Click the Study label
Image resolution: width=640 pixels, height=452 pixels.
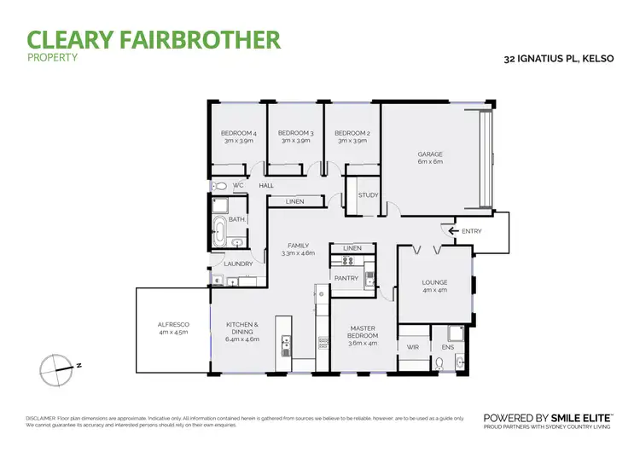click(368, 195)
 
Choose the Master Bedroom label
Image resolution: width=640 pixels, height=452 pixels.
click(363, 333)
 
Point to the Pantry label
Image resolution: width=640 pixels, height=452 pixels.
click(346, 278)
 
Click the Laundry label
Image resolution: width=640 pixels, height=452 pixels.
click(238, 264)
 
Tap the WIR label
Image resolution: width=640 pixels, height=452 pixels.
click(413, 347)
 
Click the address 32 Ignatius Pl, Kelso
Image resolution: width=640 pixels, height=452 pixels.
click(563, 60)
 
